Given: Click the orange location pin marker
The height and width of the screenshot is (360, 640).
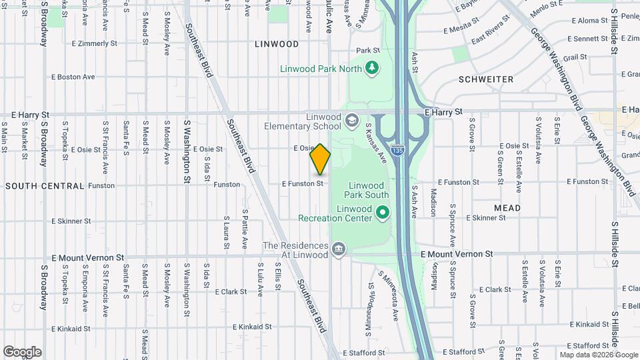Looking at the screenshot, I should [320, 159].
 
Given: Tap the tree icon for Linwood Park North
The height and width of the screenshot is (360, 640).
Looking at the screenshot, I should [371, 67].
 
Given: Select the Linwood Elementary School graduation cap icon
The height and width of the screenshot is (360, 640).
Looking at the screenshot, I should [351, 121].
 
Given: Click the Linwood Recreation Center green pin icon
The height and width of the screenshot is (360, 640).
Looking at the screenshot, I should [382, 213].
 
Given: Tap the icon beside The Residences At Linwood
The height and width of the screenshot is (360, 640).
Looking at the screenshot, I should [339, 250].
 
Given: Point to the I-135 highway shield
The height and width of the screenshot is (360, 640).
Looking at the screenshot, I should [397, 151].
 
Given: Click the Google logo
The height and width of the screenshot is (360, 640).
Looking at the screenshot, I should [22, 352].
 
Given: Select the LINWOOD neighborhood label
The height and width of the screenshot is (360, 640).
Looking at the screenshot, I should [277, 44].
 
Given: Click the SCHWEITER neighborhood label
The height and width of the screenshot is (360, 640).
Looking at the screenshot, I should [486, 79].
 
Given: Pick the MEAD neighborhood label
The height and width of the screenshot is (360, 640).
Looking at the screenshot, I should [507, 208].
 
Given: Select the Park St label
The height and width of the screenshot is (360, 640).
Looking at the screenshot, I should [367, 50].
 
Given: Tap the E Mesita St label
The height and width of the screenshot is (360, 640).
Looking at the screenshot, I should [466, 30].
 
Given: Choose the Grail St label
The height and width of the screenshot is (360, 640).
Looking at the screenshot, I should [575, 57].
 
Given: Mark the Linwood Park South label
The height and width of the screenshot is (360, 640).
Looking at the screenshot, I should [366, 190].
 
